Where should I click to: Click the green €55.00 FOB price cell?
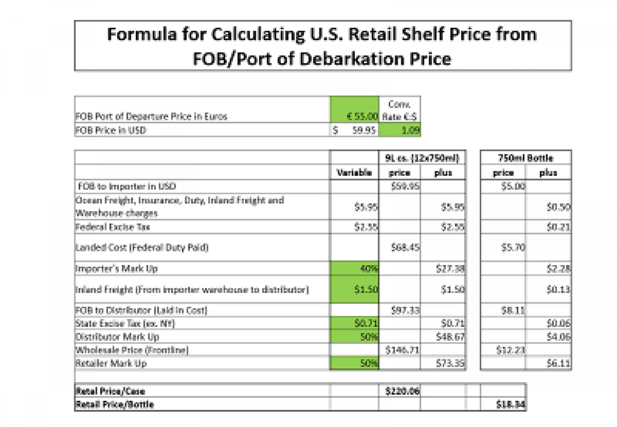tap(355, 116)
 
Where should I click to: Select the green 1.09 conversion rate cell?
tap(400, 130)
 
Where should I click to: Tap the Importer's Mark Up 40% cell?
tap(354, 268)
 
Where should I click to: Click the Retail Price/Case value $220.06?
tap(402, 391)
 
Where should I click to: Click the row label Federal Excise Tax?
tap(113, 227)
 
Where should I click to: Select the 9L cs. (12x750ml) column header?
tap(422, 158)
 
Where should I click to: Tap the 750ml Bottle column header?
tap(525, 158)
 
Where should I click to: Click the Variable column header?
tap(354, 173)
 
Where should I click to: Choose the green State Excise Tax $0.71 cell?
tap(354, 324)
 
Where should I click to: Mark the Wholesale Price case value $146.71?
tap(403, 350)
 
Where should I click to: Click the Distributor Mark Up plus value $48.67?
tap(452, 337)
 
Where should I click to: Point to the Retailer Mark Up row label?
tap(111, 363)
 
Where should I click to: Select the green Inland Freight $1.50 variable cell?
tap(354, 289)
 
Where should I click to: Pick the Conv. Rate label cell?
tap(400, 110)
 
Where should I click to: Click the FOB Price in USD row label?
tap(111, 130)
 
